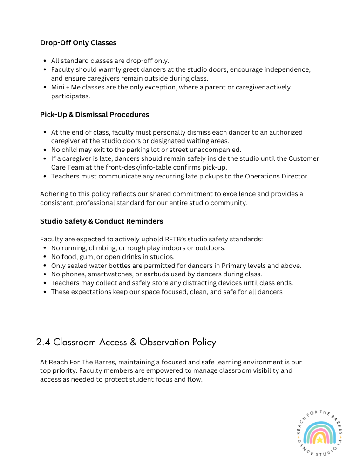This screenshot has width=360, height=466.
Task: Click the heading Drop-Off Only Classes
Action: click(78, 43)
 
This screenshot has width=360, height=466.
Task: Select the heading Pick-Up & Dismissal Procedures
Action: click(95, 115)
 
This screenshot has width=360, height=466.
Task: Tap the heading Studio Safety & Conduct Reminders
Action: click(102, 221)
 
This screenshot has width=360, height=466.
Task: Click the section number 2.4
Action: click(43, 343)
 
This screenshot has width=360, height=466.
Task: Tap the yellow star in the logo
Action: click(320, 439)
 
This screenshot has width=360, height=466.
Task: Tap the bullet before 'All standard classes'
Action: click(44, 61)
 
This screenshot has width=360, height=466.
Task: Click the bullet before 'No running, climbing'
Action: click(44, 248)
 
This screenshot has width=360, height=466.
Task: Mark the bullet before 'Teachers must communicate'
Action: click(44, 177)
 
